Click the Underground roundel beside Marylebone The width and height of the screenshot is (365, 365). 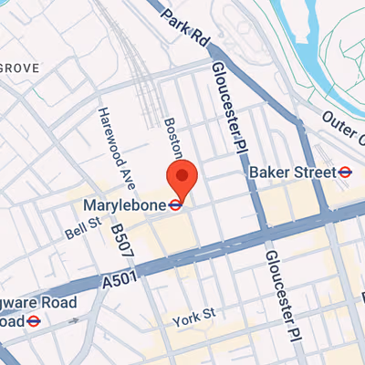174,205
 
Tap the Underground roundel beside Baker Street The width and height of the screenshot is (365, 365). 345,172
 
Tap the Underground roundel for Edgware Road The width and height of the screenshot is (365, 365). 32,320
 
